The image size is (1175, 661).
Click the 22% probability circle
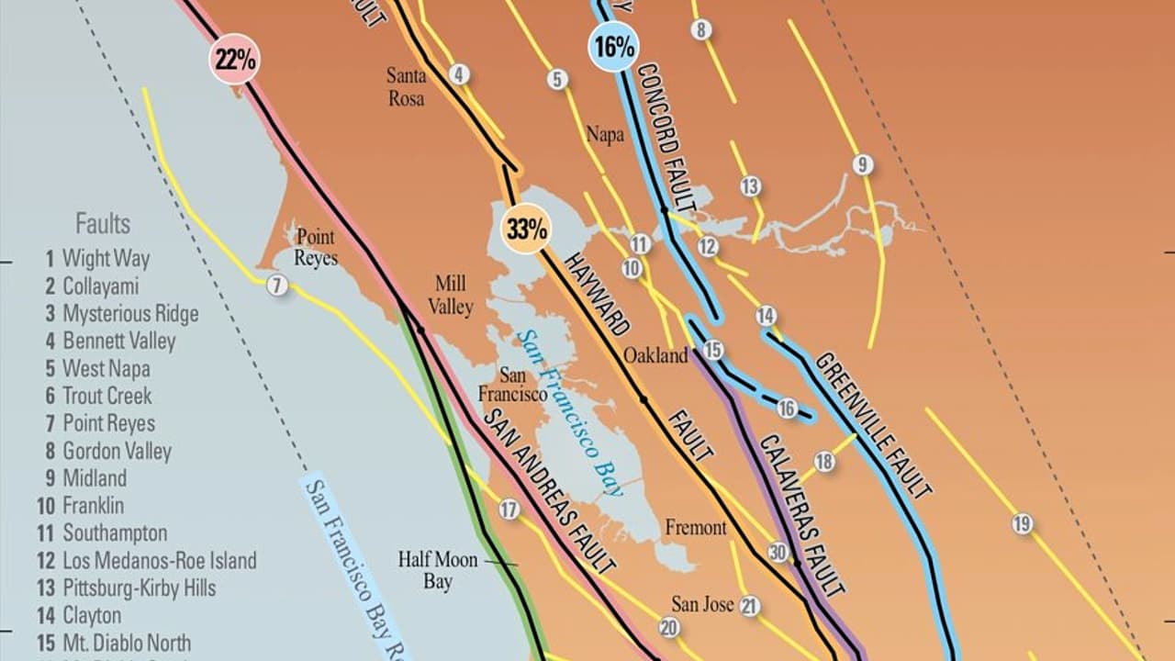tap(234, 61)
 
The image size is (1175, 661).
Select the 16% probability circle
tap(613, 47)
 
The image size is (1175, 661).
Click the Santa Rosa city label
tap(406, 86)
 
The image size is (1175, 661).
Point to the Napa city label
tap(605, 135)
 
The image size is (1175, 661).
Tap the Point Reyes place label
tap(316, 247)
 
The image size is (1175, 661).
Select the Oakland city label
tap(655, 355)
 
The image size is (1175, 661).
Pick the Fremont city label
tap(695, 528)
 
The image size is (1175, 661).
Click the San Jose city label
tap(702, 604)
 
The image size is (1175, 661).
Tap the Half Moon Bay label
tap(438, 569)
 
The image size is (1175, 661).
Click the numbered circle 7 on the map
tap(277, 286)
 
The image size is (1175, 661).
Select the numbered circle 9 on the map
tap(862, 165)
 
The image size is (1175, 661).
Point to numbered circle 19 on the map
tap(1023, 524)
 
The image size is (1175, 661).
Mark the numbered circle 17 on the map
tap(509, 510)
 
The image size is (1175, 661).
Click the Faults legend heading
tap(103, 224)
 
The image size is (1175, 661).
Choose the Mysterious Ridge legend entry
tap(121, 314)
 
